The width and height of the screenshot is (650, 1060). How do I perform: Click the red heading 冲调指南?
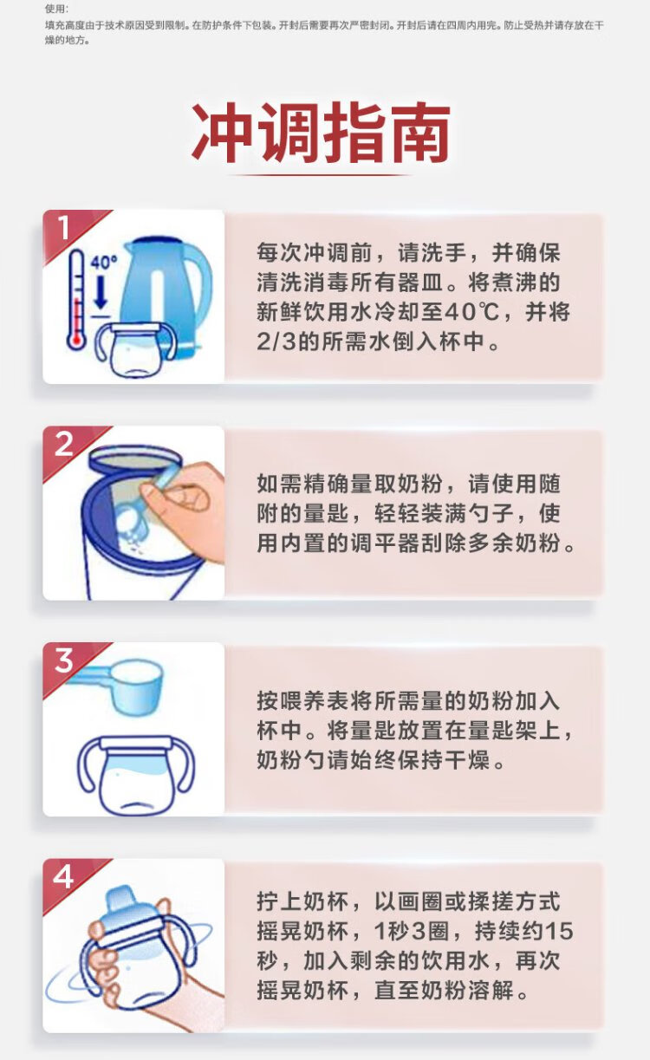point(322,133)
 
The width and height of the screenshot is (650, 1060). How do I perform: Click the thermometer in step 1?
point(76,300)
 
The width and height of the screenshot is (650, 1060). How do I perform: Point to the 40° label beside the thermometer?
point(104,263)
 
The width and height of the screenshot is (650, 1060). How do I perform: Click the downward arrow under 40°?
point(101,290)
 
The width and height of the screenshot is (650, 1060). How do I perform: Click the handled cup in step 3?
point(136,775)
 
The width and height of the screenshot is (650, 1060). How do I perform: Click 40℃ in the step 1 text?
point(472,312)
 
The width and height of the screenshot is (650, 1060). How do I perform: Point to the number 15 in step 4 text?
point(559,931)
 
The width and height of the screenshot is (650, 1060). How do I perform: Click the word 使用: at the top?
point(56,9)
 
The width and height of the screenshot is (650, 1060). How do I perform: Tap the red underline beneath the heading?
point(322,175)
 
